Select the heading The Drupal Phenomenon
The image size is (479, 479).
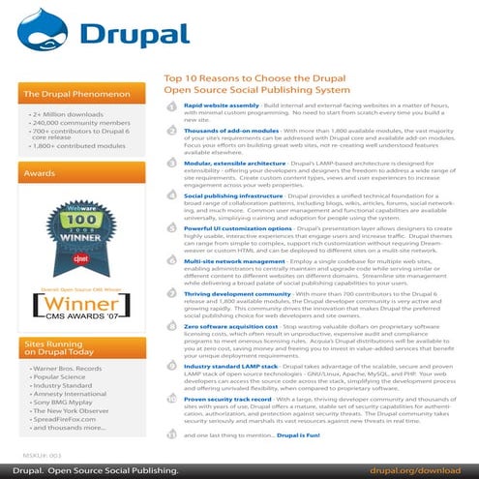71,95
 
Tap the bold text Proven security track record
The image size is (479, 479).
231,397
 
